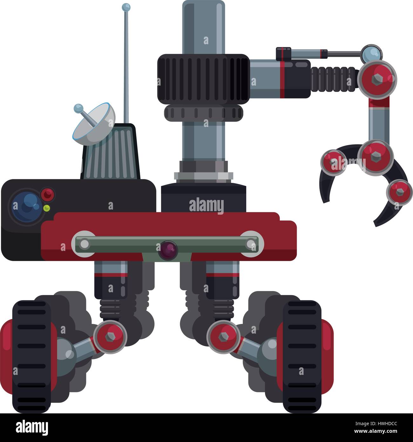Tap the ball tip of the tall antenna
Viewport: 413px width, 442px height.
tap(126, 6)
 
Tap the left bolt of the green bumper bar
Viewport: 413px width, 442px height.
tap(85, 244)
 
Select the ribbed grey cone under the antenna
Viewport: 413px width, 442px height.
tap(111, 151)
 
